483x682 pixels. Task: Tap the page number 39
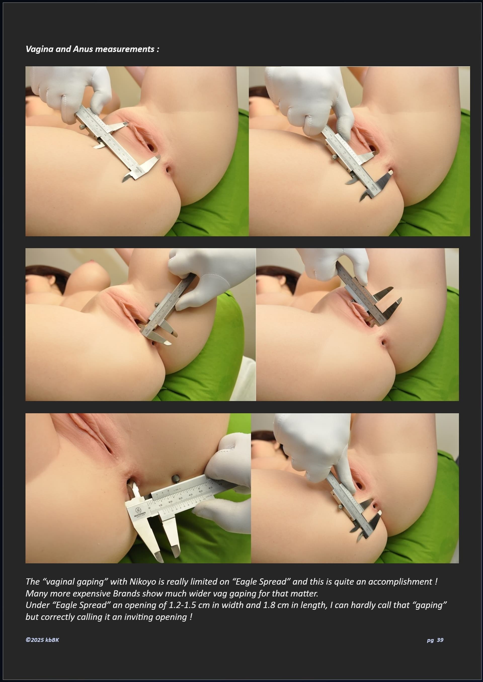pos(440,640)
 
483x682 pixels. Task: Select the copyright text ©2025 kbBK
pos(42,640)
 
